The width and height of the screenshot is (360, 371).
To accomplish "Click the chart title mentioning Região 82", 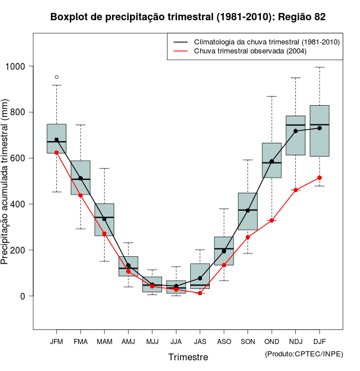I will point(188,17).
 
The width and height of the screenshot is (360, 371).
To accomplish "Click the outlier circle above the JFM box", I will point(56,77).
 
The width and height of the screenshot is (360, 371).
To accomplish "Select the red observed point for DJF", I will point(319,178).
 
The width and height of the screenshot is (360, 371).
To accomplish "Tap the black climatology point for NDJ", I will point(295,131).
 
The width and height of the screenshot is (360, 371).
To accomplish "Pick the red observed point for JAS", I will point(200,293).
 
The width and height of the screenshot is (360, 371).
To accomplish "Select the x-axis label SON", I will point(247,342).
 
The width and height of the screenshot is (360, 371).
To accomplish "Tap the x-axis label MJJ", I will point(152,342).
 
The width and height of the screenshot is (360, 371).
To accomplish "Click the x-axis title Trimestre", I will point(188,357).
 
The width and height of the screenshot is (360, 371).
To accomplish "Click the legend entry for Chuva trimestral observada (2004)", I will point(250,52).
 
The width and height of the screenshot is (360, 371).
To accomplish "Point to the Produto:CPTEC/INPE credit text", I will point(304,354).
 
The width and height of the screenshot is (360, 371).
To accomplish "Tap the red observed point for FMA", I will point(80,195).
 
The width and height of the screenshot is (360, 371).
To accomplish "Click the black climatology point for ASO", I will point(224,251).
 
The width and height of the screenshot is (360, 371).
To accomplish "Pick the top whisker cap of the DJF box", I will point(319,67).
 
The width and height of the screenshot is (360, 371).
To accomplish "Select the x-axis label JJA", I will point(176,342).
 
